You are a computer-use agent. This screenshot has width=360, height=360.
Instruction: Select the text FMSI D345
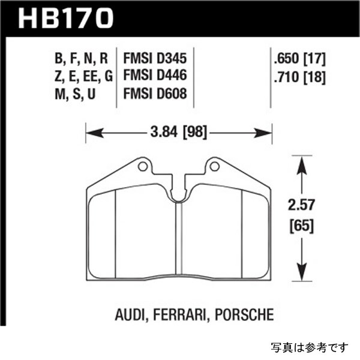pos(155,59)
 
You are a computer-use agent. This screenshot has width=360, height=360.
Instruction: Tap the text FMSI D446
pos(155,77)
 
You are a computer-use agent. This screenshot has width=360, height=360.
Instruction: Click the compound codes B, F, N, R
pos(83,59)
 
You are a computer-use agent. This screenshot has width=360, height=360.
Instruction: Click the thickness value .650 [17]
pos(298,59)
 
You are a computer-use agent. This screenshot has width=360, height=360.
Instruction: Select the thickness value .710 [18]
pos(298,77)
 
